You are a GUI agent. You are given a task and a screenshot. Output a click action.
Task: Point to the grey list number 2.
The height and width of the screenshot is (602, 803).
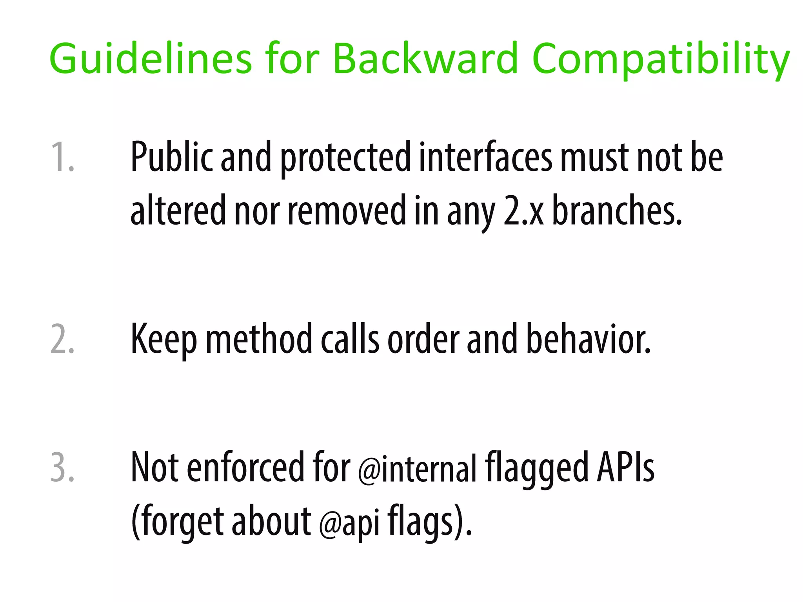[x=62, y=339]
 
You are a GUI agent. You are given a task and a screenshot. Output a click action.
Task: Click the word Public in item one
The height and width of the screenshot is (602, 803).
[x=171, y=157]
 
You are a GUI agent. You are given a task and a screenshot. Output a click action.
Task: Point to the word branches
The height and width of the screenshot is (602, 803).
[x=617, y=211]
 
